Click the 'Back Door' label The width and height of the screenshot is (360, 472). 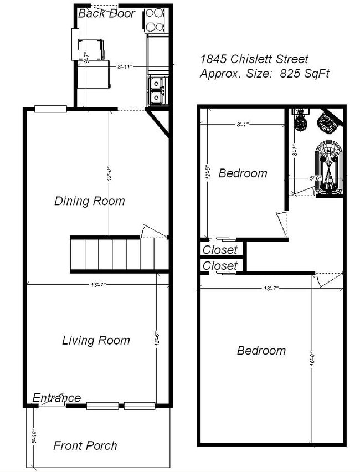(x=106, y=13)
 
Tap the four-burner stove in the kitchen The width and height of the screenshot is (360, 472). (x=156, y=19)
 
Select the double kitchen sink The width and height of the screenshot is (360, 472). (x=156, y=90)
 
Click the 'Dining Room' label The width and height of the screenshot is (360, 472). (x=89, y=201)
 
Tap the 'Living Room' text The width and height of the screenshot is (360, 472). (x=96, y=340)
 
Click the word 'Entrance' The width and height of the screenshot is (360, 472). (x=56, y=398)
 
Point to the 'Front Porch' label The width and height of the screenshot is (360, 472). (x=85, y=445)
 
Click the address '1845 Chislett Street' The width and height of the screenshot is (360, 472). (x=254, y=59)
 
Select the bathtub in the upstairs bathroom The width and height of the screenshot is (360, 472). (x=329, y=167)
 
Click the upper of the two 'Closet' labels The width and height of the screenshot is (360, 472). (x=220, y=250)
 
